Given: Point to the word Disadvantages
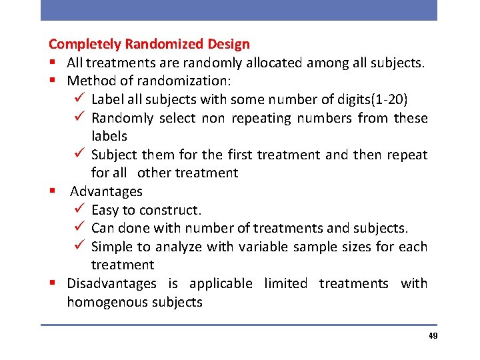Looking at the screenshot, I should click(111, 283).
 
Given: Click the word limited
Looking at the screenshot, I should click(285, 283).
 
